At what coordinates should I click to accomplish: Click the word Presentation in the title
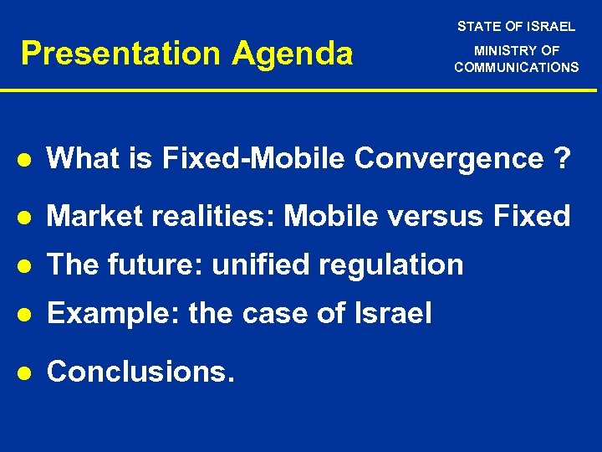[x=122, y=54]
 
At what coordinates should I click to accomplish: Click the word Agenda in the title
[x=293, y=54]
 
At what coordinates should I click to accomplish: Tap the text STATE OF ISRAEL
[x=516, y=27]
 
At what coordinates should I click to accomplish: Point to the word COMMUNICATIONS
[x=516, y=67]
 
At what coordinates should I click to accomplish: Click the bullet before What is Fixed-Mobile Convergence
[x=27, y=159]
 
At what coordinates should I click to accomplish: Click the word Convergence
[x=448, y=158]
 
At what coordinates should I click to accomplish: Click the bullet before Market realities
[x=27, y=217]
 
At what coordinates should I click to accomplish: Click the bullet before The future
[x=27, y=265]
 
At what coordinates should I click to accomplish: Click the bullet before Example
[x=27, y=315]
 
